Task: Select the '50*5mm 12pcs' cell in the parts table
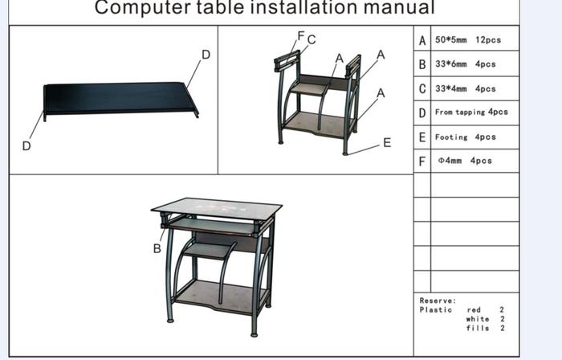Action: pos(468,40)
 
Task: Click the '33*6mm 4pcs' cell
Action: pos(465,64)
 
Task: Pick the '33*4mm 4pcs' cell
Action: pos(465,88)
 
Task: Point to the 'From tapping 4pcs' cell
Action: pos(471,112)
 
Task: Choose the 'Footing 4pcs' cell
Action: pos(465,137)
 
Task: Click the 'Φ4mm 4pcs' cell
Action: pos(465,161)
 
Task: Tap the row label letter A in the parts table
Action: pos(422,40)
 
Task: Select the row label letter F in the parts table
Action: pos(422,162)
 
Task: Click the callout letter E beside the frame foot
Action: pos(387,143)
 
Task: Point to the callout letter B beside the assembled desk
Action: pos(157,248)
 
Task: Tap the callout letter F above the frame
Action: pos(301,35)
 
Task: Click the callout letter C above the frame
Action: pos(312,39)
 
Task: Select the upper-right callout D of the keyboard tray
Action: pos(206,55)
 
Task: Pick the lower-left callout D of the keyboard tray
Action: pos(26,146)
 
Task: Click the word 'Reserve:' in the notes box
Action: pos(438,301)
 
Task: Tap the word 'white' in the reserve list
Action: pos(478,319)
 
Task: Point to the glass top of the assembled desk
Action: pos(217,208)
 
